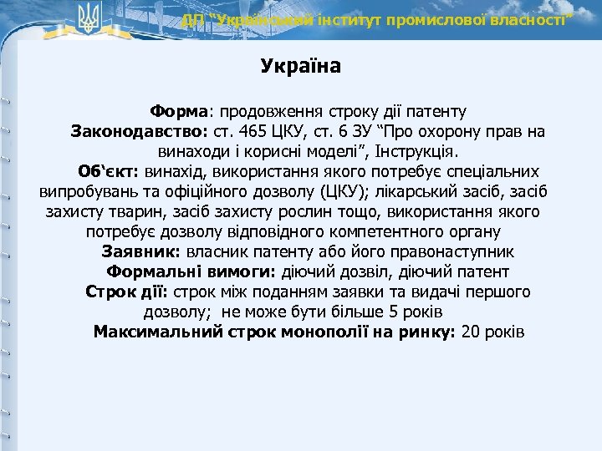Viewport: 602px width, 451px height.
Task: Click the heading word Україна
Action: click(300, 66)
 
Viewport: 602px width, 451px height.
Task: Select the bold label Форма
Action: click(179, 111)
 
